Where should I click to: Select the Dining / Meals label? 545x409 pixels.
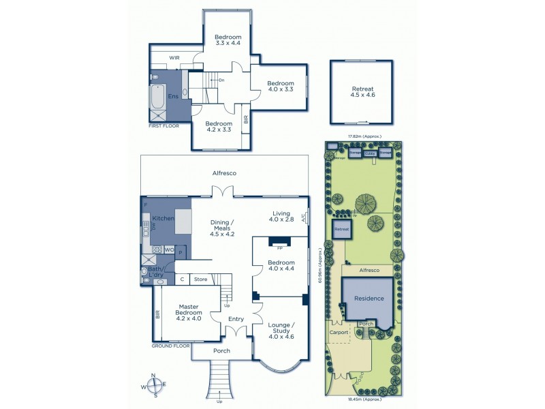pos(222,228)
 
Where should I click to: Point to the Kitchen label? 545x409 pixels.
pos(163,217)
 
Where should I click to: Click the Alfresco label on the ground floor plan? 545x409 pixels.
pos(223,174)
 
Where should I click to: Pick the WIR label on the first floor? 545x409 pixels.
pos(174,58)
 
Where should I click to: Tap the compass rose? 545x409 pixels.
pos(155,385)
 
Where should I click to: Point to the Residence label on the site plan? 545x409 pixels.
pos(368,299)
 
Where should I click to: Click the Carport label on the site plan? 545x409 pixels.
pos(339,333)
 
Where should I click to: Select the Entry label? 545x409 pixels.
pos(236,319)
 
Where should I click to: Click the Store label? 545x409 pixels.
pos(200,279)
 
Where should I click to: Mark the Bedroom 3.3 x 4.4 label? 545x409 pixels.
pos(228,40)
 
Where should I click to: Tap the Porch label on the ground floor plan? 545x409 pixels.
pos(221,350)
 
